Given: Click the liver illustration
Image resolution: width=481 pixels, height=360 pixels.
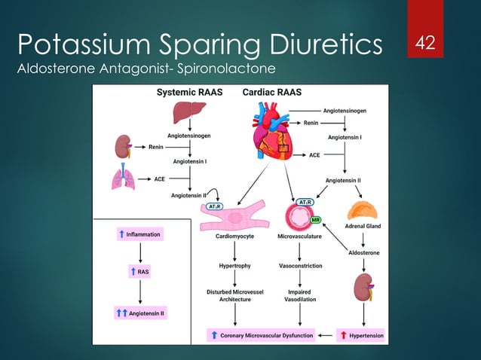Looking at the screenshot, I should click(x=189, y=113).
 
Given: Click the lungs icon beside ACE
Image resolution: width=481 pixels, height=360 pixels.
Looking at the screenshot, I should click(x=123, y=180).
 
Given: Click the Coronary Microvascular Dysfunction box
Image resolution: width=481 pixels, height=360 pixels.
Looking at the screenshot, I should click(x=260, y=334).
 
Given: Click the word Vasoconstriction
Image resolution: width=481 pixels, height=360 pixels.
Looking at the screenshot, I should click(x=299, y=266).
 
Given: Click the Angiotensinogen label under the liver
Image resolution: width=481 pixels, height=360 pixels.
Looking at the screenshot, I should click(x=188, y=136).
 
